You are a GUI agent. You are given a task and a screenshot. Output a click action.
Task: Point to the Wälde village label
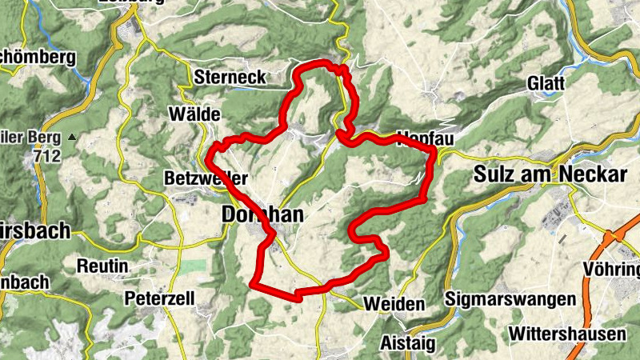click(194, 114)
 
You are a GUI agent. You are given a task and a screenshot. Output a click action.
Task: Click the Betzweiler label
click(205, 178)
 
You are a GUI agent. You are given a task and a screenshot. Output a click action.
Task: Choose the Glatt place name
click(546, 83)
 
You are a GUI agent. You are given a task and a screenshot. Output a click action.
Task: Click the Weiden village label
click(394, 304)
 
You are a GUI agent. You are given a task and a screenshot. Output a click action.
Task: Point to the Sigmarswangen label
click(510, 298)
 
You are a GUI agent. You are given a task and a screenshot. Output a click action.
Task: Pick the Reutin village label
click(103, 264)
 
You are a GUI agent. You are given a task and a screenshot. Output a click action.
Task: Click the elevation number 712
click(49, 158)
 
